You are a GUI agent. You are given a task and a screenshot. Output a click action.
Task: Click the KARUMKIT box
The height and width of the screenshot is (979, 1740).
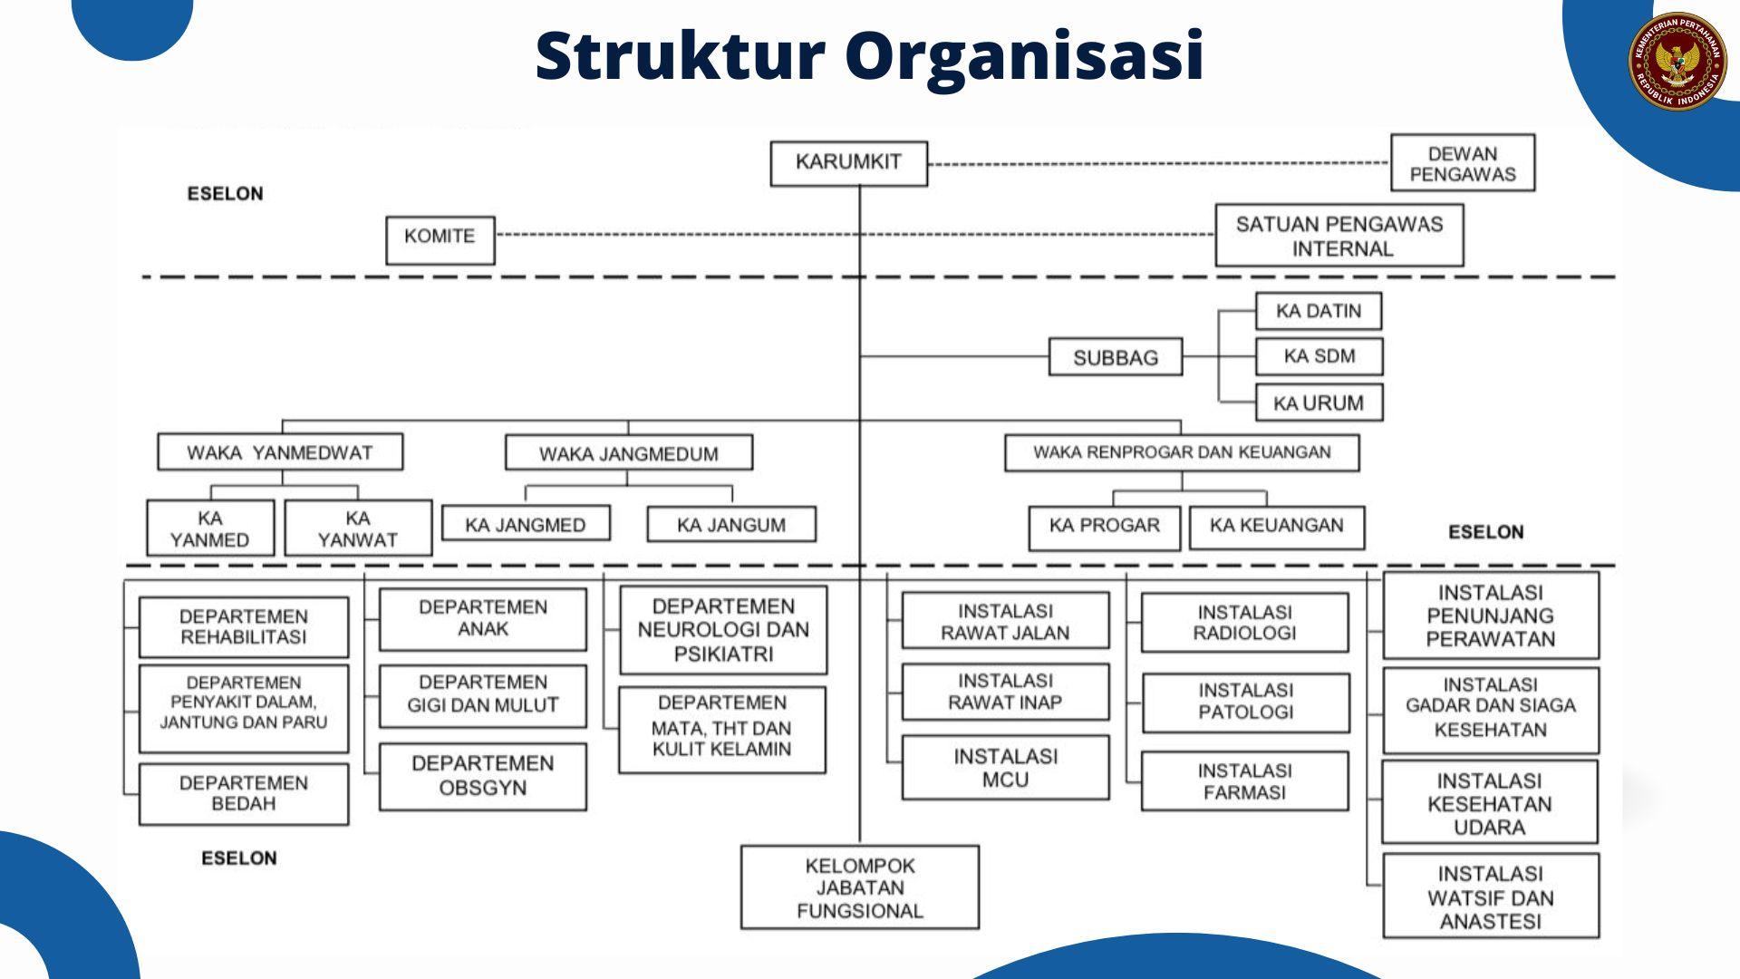click(848, 163)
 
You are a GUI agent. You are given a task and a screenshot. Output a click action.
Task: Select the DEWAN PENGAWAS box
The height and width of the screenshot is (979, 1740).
click(1462, 163)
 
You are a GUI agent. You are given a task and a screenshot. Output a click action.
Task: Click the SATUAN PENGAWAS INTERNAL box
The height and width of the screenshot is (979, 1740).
click(1339, 236)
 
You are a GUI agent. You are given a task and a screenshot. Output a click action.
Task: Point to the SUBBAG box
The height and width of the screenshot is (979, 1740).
click(1115, 357)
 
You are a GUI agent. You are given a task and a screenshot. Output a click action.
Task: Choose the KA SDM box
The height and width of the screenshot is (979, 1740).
click(1319, 356)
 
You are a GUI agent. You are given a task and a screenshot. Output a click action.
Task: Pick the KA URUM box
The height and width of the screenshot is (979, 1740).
click(1319, 402)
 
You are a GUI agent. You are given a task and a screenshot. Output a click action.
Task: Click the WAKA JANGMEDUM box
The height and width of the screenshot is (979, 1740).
click(628, 452)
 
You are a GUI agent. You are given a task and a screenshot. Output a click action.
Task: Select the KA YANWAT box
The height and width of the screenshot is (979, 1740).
click(358, 528)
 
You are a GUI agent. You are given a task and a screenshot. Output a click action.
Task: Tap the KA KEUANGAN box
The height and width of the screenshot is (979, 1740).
click(1276, 528)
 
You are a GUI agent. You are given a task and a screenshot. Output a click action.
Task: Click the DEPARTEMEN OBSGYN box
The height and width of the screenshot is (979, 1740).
click(482, 777)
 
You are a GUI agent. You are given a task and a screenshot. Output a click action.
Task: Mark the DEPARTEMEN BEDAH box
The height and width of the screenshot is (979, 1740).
click(243, 794)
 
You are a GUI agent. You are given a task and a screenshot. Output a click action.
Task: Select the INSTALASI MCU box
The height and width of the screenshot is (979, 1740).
click(1005, 768)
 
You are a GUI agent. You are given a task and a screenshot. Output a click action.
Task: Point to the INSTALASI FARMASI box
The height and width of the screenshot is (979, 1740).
click(1244, 781)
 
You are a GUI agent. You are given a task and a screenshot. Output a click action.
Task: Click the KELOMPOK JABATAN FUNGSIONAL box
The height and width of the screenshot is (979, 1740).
click(859, 887)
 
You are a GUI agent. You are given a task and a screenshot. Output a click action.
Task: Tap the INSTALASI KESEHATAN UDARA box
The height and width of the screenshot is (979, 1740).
click(1489, 803)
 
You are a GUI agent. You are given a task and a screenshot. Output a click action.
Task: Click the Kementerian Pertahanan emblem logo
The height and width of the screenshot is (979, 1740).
click(1677, 61)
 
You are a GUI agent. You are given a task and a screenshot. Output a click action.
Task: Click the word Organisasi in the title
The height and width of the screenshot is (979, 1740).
click(1024, 56)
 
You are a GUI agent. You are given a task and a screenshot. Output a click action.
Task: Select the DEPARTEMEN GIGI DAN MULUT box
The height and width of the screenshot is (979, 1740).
click(482, 695)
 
